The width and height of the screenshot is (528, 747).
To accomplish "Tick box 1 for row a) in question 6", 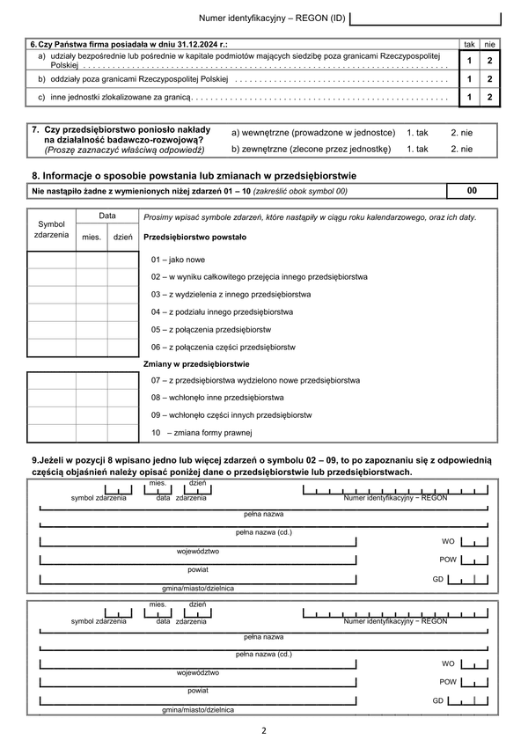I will point(469,61).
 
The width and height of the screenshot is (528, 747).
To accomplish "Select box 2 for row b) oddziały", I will point(489,79).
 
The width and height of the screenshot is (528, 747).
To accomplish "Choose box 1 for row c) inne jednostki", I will point(469,97).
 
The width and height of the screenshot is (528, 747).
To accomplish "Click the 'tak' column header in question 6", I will point(469,43).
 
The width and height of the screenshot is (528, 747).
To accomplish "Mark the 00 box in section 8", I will point(473,190).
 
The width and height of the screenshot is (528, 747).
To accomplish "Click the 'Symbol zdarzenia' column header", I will point(51,230).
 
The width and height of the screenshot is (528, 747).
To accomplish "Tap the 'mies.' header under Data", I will point(92,237).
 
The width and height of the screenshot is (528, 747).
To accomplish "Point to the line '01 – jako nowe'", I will point(178,260).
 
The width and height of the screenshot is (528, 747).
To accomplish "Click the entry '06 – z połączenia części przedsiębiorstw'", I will point(223,347).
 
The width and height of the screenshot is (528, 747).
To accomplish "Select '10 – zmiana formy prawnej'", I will point(202,433).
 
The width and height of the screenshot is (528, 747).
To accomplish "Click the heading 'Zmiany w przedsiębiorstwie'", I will point(196,363).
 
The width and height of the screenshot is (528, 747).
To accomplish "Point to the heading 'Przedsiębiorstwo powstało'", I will point(194,238).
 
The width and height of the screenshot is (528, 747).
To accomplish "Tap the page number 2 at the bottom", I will point(263,730).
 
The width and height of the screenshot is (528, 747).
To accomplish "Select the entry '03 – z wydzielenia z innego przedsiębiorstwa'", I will point(231,294).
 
